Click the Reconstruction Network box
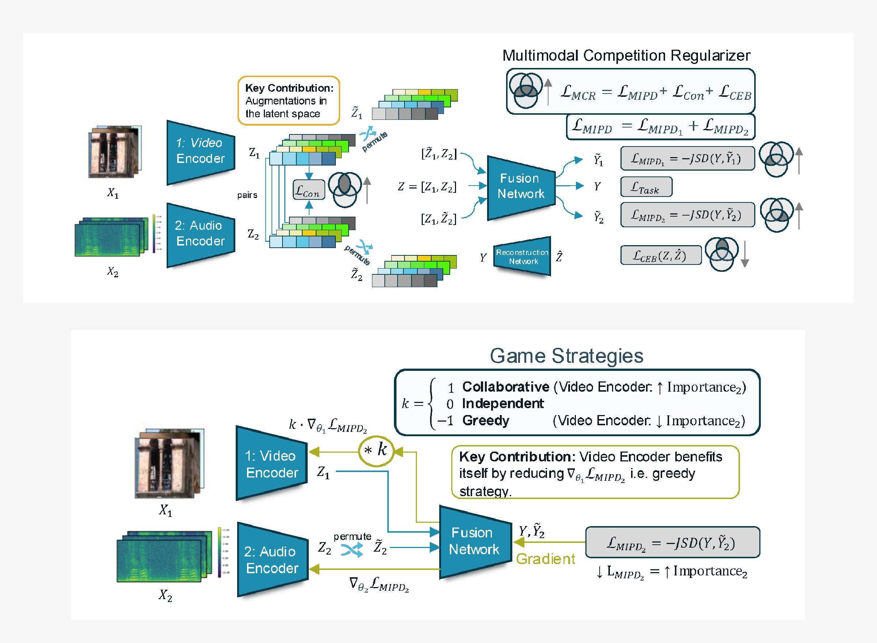[x=522, y=256]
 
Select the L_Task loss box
[x=646, y=187]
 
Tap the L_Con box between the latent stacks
[x=308, y=190]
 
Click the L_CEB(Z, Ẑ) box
[x=661, y=255]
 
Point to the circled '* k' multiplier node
[x=376, y=451]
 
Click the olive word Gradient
[x=545, y=559]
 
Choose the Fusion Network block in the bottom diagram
[x=474, y=541]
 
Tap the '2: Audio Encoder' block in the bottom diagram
[x=272, y=560]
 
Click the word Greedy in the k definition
[x=485, y=421]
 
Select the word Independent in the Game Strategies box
[x=502, y=404]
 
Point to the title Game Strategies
[x=566, y=356]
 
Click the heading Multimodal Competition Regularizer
[x=626, y=55]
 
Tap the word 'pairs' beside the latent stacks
[x=247, y=195]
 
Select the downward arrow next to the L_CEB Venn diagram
[x=745, y=254]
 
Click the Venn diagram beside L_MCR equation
[x=525, y=90]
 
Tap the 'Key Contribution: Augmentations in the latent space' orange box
[x=288, y=101]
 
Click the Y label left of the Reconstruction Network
[x=483, y=257]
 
